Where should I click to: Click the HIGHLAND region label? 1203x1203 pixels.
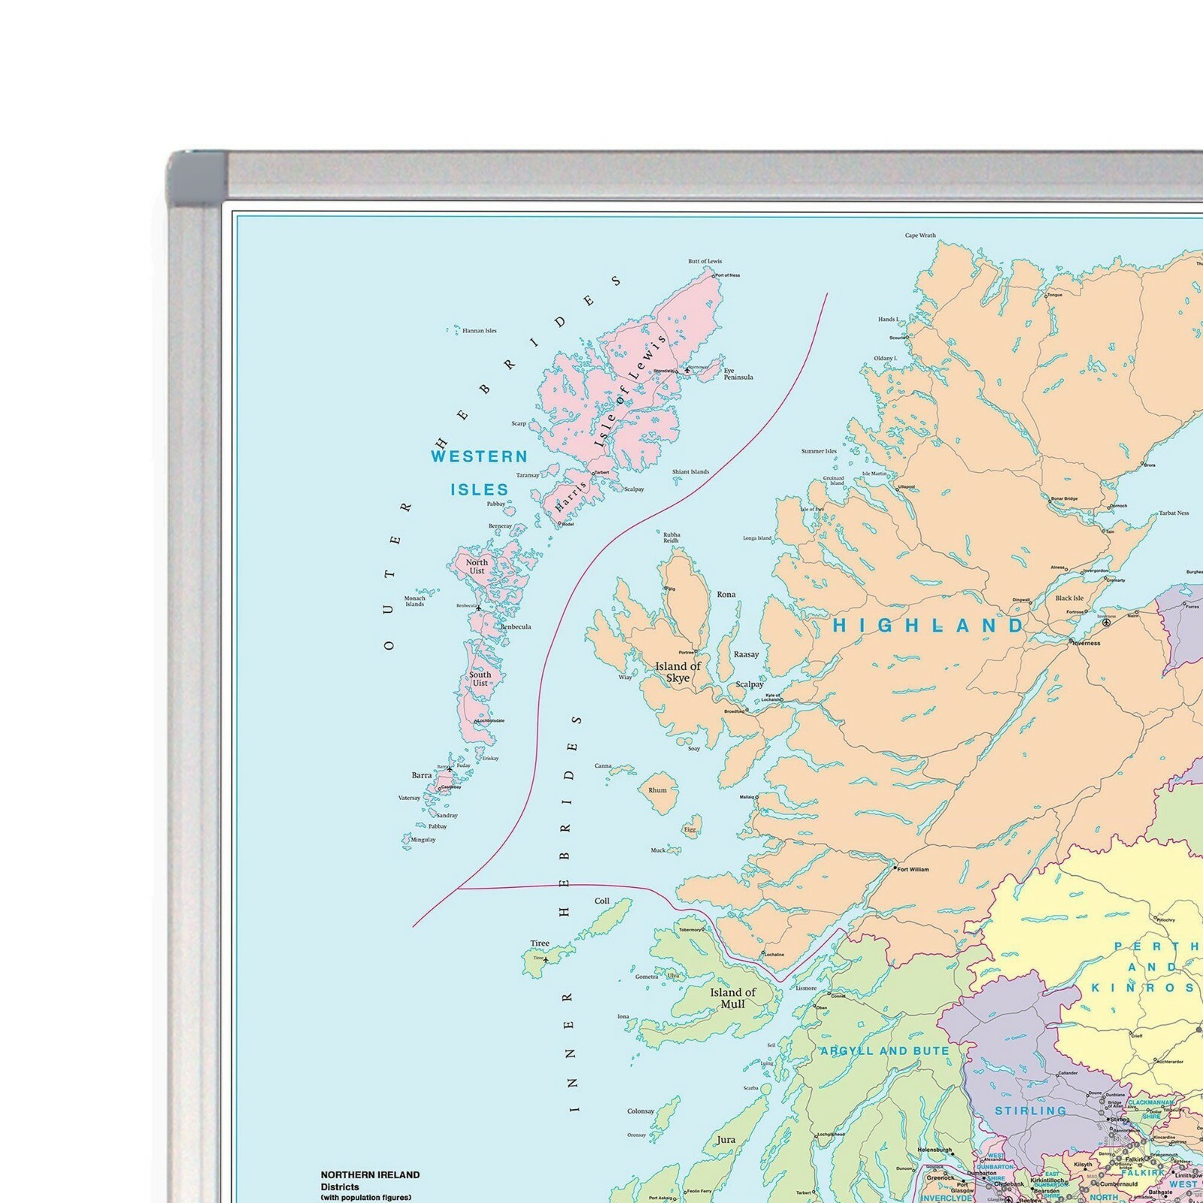point(928,626)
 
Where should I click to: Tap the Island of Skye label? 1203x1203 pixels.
point(677,671)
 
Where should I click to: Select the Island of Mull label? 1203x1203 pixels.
point(732,998)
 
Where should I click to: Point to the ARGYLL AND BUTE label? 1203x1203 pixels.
point(884,1050)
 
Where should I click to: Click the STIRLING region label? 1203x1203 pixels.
point(1030,1111)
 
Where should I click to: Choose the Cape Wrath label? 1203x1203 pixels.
point(920,235)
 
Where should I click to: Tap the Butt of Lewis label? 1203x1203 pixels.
point(705,262)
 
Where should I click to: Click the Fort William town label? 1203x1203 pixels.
point(913,869)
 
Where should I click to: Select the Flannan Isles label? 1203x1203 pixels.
point(479,331)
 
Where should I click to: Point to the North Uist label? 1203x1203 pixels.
point(477,566)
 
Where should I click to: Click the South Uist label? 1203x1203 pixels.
point(480,678)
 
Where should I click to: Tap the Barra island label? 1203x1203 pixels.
point(421,775)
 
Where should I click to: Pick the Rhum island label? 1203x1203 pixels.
point(657,790)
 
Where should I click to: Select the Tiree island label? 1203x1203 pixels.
point(539,943)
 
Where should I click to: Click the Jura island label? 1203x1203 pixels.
point(726,1139)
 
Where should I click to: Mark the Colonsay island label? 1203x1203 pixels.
point(641,1111)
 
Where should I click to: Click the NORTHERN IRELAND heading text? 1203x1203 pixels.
point(370,1174)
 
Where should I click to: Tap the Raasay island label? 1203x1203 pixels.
point(746,654)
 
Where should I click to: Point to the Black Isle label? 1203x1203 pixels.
point(1069,598)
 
